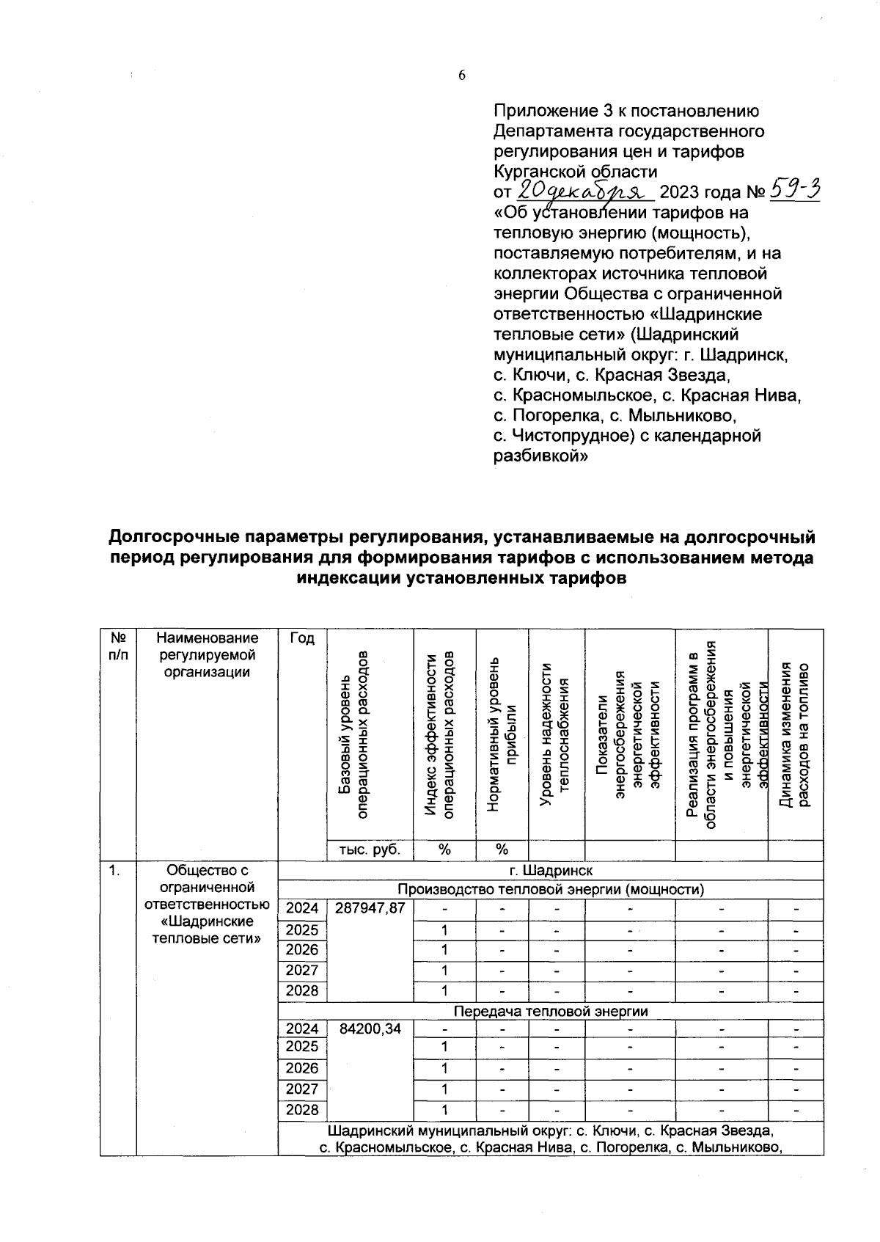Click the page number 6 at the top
click(462, 76)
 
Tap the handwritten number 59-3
click(794, 191)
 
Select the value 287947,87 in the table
click(370, 908)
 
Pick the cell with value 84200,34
click(370, 1029)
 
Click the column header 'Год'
click(302, 639)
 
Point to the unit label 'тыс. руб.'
click(370, 850)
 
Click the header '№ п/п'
click(118, 647)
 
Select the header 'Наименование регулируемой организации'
click(208, 655)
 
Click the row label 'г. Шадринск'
click(550, 871)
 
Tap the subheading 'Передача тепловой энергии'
click(550, 1012)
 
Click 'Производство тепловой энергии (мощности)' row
click(550, 890)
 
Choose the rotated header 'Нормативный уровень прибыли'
click(502, 734)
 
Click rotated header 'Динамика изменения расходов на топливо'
click(795, 734)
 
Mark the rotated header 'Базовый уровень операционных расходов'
click(353, 734)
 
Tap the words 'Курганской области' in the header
click(576, 172)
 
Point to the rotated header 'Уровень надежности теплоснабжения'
click(555, 734)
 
